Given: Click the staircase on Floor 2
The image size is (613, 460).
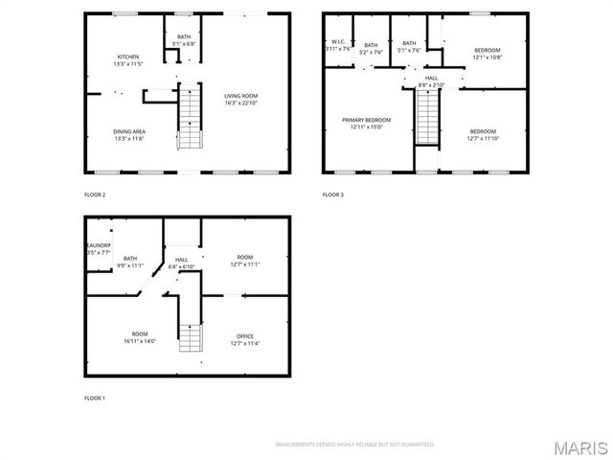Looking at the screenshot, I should pos(191,118).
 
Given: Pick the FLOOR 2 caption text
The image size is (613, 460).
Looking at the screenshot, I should pos(95,195).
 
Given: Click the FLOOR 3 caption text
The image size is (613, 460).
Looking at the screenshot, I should pos(332,195).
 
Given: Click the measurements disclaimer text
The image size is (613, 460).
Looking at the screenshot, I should pos(354,445).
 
